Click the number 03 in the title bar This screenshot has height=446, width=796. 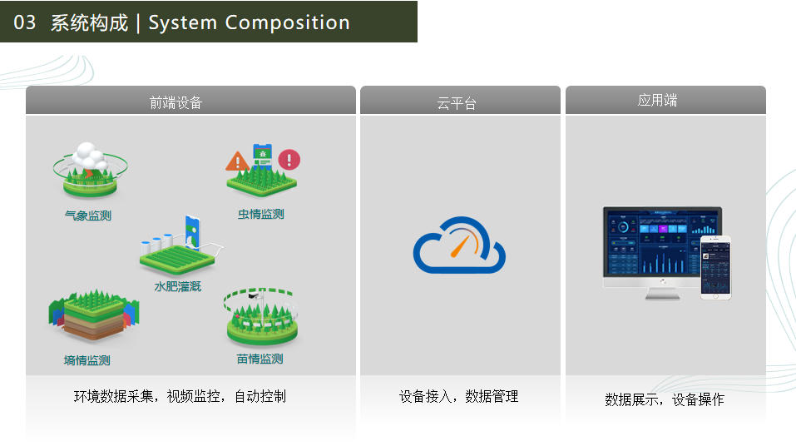tap(24, 22)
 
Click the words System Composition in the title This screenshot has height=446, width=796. tap(249, 22)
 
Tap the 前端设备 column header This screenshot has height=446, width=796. tap(176, 102)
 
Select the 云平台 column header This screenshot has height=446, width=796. tap(457, 104)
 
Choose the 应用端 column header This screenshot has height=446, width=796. tap(657, 100)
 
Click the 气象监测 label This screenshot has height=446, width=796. tap(88, 216)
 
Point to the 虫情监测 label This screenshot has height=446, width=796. tap(261, 214)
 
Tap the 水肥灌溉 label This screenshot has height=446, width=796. tap(178, 286)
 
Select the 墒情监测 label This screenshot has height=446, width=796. tap(87, 360)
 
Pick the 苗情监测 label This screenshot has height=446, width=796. tap(260, 359)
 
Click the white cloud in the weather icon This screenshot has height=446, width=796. tap(90, 156)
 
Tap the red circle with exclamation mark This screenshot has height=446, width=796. tap(289, 160)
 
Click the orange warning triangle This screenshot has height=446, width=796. tap(237, 161)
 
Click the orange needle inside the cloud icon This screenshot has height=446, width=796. tap(462, 245)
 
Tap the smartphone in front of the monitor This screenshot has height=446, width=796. tap(716, 268)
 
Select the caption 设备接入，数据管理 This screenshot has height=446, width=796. tap(459, 396)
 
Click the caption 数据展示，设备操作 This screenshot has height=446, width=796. tap(665, 399)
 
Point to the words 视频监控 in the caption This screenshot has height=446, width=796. tap(194, 396)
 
